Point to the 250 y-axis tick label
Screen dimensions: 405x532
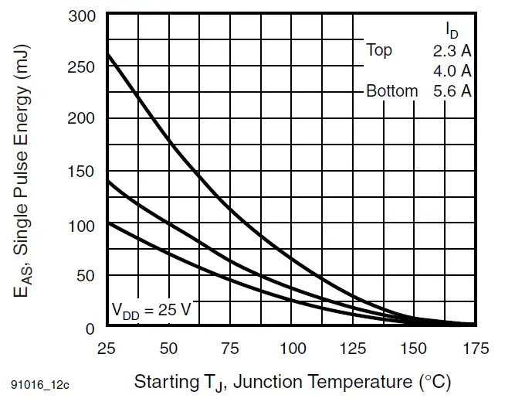point(82,67)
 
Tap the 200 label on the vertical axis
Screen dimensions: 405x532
point(82,119)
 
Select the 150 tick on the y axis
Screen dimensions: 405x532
point(82,171)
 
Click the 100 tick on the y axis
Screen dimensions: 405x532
point(82,226)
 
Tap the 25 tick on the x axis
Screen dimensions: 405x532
point(107,349)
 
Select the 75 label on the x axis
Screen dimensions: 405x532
point(230,349)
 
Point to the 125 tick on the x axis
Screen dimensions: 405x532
point(353,349)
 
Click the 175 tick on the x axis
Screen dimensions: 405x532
point(474,349)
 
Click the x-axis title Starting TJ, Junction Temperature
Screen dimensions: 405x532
point(292,382)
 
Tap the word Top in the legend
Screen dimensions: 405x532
point(379,51)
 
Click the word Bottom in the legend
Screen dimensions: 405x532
point(391,91)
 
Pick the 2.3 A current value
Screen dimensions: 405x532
point(452,51)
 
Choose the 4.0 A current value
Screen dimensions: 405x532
point(452,71)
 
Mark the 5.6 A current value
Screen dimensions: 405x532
point(452,91)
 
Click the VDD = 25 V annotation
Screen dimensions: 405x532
point(151,311)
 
